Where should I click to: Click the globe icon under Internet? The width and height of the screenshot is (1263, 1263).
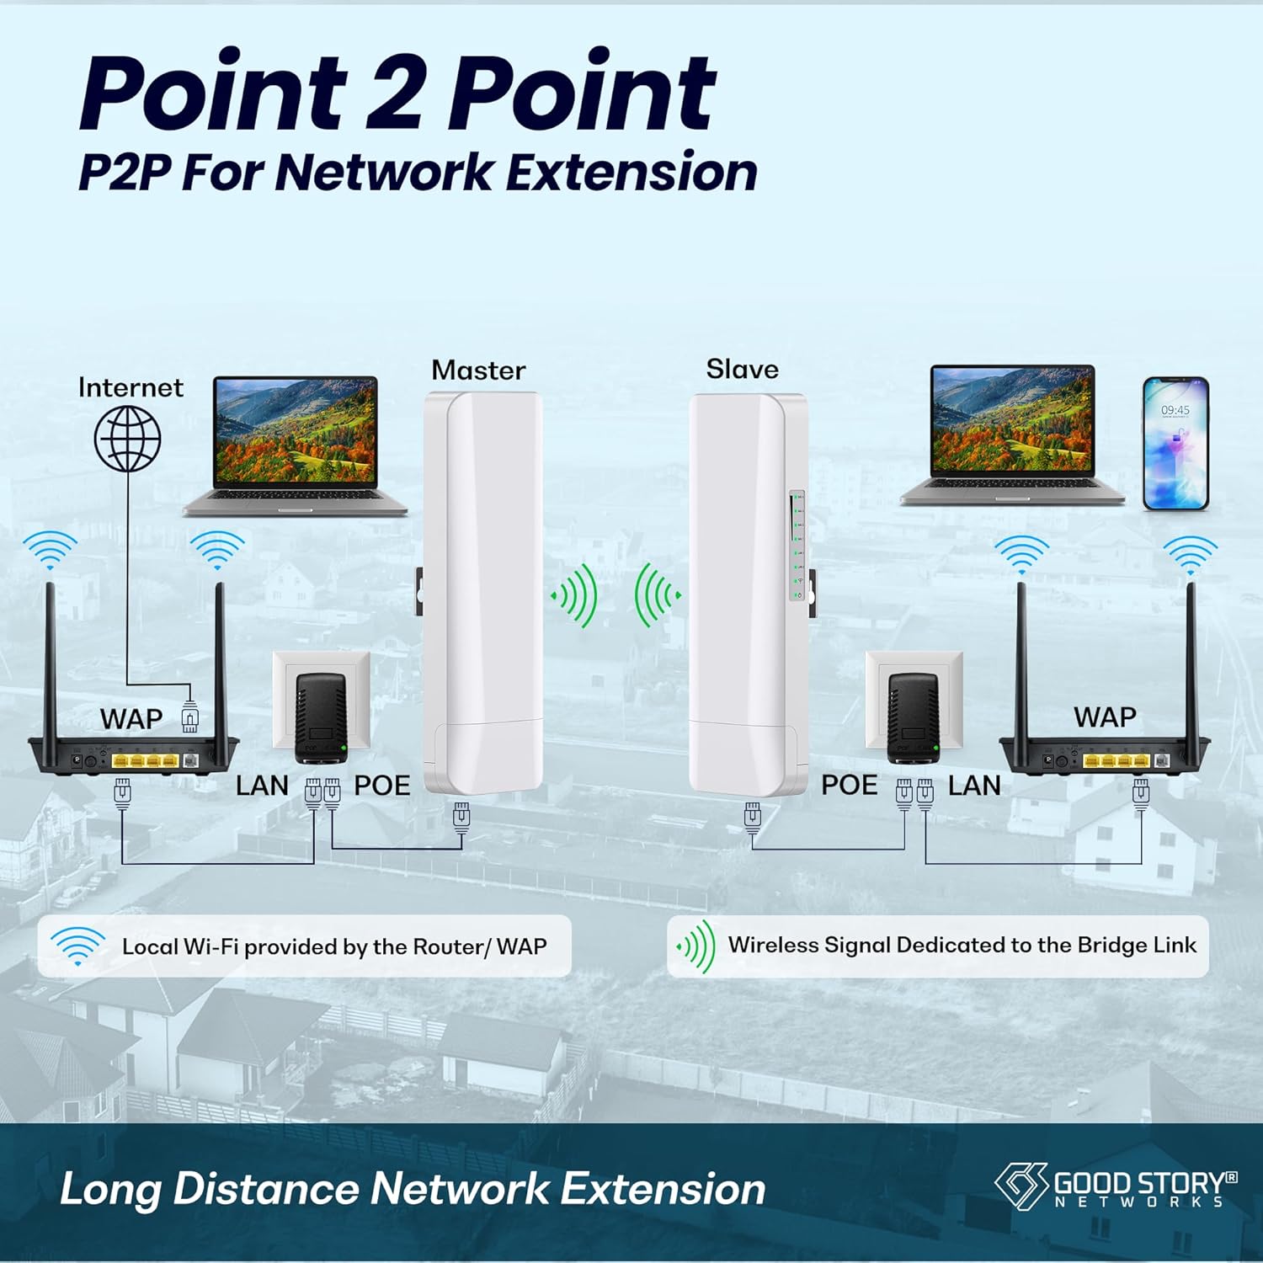[x=128, y=439]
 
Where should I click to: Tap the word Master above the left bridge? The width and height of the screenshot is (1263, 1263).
[x=478, y=370]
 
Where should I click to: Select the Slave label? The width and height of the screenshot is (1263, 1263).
[x=742, y=369]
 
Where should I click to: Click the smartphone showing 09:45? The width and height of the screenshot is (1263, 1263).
[x=1175, y=444]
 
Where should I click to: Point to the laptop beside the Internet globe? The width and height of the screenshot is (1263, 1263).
[x=296, y=446]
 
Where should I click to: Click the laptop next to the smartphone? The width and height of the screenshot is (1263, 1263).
[x=1013, y=435]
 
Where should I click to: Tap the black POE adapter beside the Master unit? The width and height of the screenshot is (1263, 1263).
[x=321, y=717]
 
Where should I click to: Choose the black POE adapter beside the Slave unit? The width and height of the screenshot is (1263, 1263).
[x=914, y=717]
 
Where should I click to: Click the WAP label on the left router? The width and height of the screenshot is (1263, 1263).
[x=131, y=719]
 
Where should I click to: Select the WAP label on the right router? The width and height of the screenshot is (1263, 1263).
[x=1105, y=717]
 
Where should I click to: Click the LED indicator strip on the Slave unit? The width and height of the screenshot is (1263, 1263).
[x=797, y=546]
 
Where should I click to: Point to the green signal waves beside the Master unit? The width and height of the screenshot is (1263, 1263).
[x=575, y=595]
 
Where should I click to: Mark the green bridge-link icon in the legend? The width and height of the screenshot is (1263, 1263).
[x=695, y=946]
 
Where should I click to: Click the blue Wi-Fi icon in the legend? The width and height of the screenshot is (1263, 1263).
[x=77, y=946]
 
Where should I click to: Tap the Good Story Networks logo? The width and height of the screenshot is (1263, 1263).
[x=1115, y=1186]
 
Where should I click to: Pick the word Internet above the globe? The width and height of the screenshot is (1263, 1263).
[x=131, y=387]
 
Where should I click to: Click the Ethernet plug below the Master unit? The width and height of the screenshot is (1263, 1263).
[x=461, y=817]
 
